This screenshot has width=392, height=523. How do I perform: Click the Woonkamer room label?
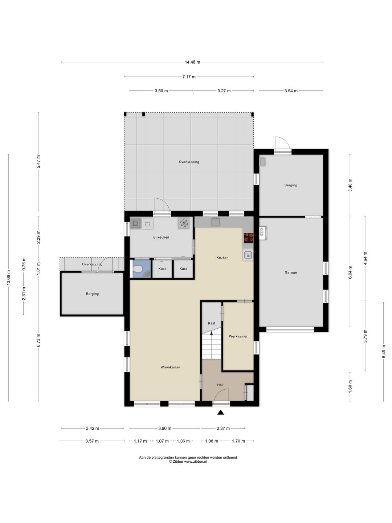click(170, 367)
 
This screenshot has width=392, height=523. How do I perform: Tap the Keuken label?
click(222, 258)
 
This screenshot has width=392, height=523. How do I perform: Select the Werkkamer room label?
click(238, 336)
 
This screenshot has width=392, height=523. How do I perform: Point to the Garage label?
click(291, 272)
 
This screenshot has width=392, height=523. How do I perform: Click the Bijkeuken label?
click(161, 237)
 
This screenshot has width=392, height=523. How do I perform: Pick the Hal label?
click(220, 385)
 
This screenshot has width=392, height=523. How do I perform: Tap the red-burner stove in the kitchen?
click(249, 238)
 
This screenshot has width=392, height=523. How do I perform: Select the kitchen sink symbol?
click(215, 222)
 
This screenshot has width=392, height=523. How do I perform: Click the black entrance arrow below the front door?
click(220, 412)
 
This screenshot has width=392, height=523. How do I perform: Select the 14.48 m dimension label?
click(192, 62)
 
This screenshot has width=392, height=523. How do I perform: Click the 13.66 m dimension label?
click(9, 277)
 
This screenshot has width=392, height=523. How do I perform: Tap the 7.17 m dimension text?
click(189, 77)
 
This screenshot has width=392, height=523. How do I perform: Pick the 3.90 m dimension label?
click(164, 429)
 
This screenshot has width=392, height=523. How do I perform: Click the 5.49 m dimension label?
click(384, 352)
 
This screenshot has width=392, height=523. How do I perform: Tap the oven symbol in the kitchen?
click(248, 255)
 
